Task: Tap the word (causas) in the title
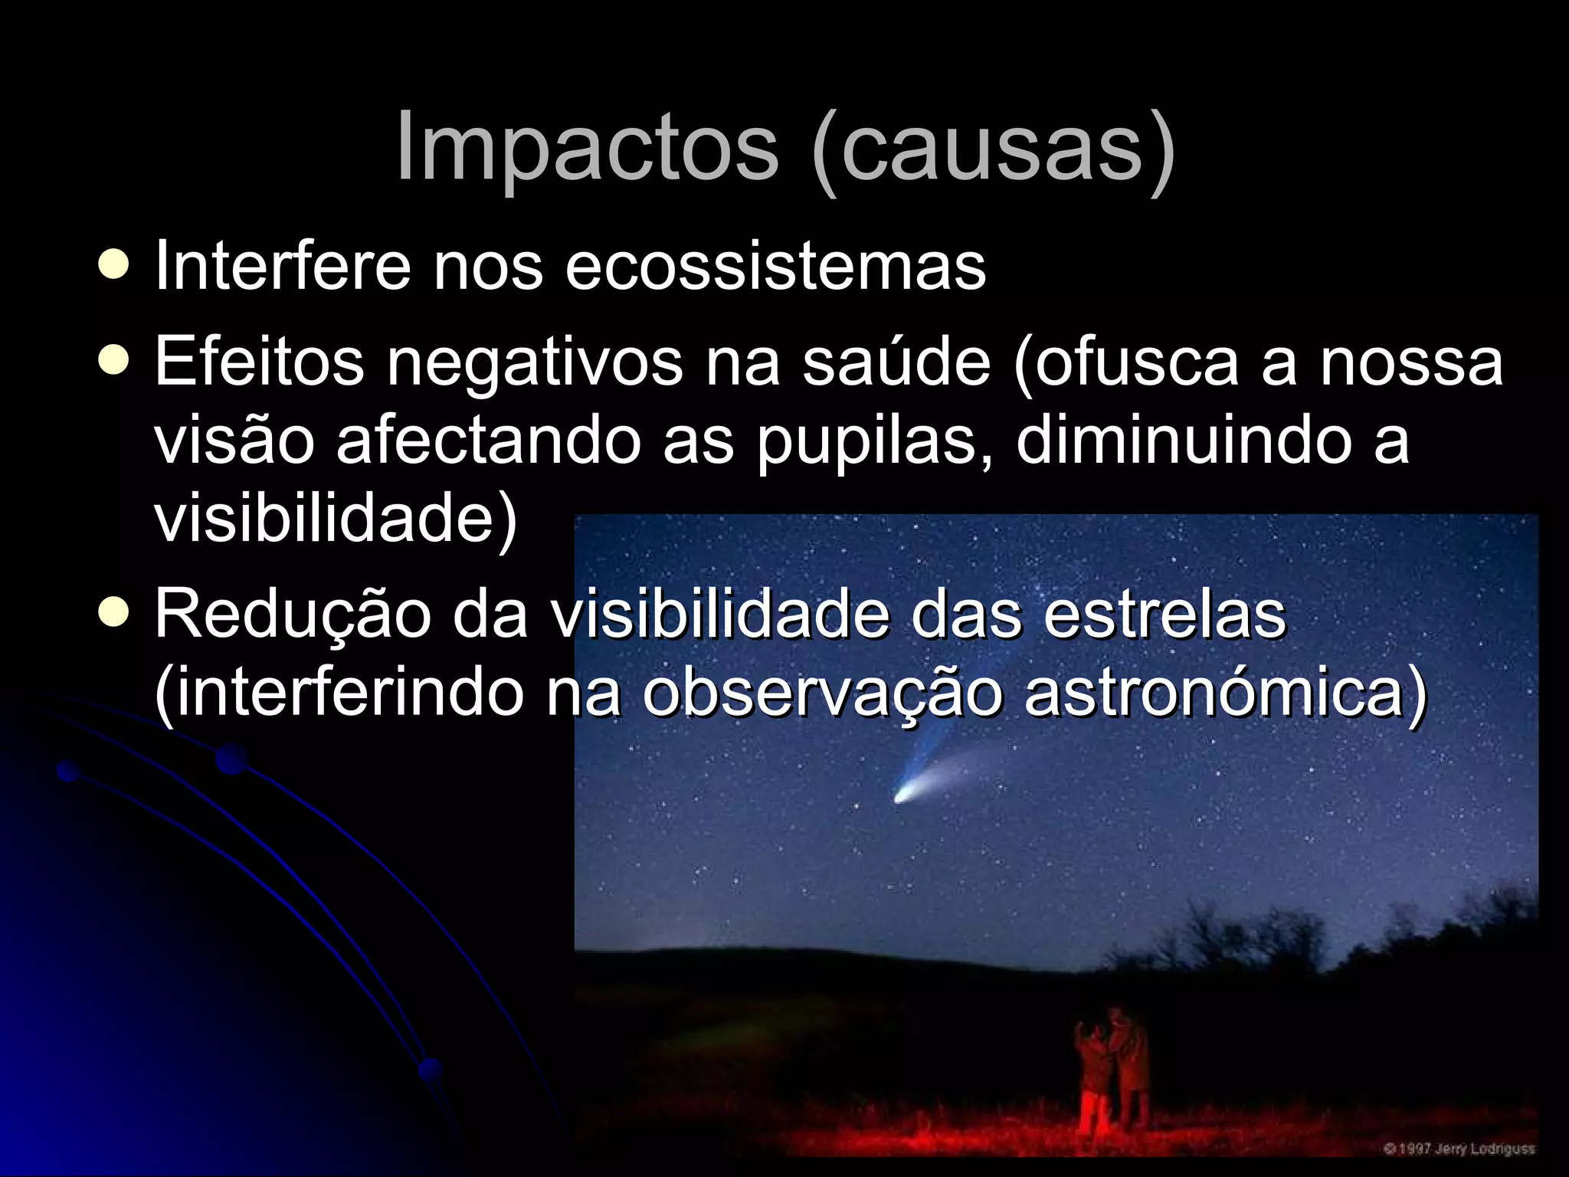992,147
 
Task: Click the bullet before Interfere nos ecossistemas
113,265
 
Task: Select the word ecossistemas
775,266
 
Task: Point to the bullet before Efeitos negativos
113,360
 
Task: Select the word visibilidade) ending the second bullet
336,520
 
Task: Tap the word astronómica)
1226,693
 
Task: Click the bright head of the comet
904,795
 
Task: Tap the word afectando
488,441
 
